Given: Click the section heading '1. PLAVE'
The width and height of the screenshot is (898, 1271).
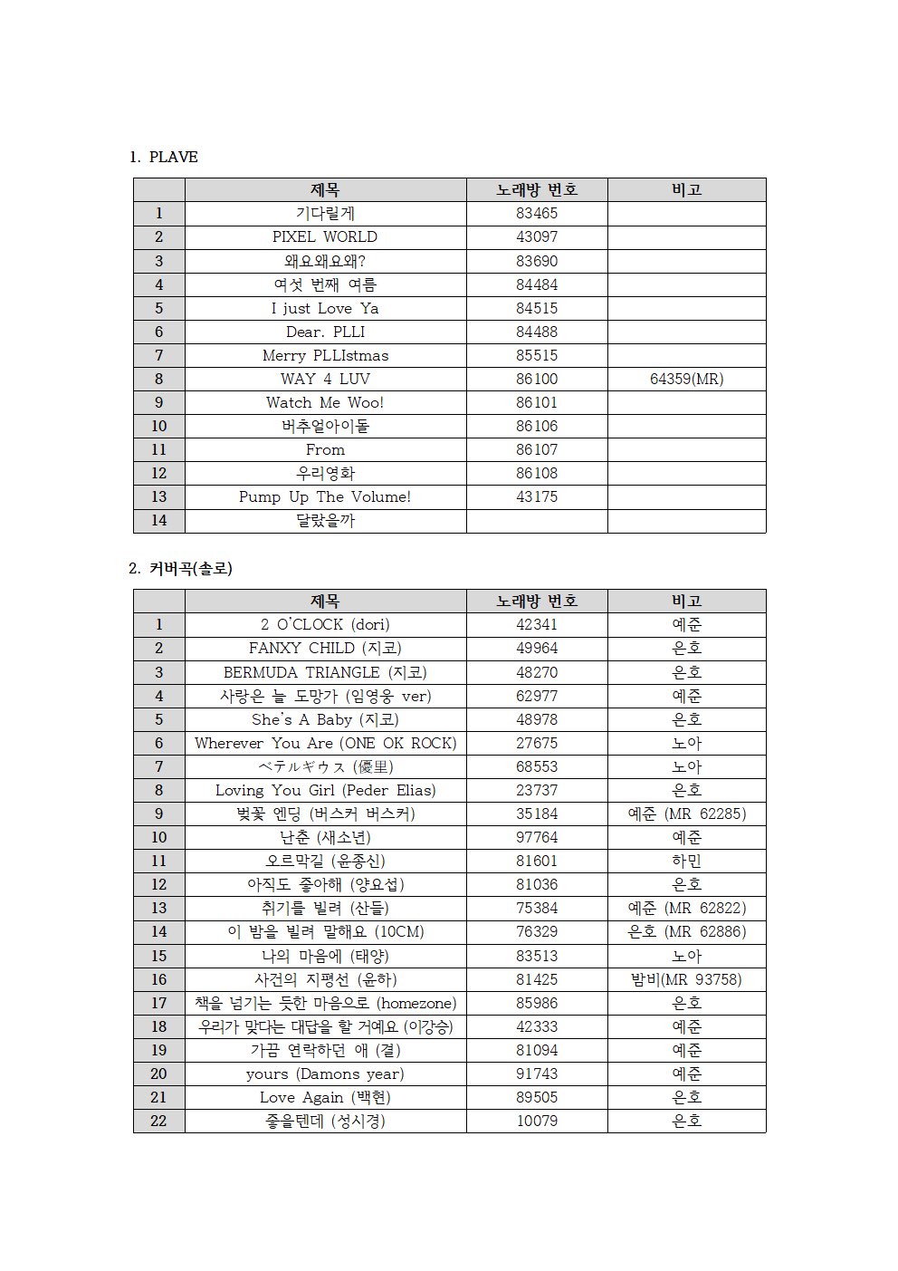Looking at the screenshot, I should click(x=164, y=157).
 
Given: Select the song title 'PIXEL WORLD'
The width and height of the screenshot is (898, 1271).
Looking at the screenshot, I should click(x=325, y=236).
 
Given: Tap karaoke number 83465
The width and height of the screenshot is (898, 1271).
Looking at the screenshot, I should click(x=537, y=213).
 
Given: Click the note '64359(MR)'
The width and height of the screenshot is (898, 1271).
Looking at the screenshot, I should click(x=686, y=379).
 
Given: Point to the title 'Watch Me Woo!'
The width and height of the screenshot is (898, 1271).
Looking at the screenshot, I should click(x=325, y=402).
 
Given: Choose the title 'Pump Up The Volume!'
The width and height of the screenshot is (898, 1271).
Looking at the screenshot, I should click(x=325, y=496).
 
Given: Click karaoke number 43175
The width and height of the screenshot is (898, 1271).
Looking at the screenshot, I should click(x=537, y=496).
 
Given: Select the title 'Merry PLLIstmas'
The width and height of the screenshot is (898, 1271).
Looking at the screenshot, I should click(x=325, y=355).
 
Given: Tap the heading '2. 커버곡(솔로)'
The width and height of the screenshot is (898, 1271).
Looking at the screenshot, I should click(x=181, y=568).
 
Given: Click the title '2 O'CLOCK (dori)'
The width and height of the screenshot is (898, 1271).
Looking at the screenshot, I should click(x=325, y=624).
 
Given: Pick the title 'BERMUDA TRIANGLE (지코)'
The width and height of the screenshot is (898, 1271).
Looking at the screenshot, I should click(x=325, y=672).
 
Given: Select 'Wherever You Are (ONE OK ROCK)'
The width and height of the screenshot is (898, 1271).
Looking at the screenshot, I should click(x=325, y=743).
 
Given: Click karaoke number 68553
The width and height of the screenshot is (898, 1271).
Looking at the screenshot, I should click(x=537, y=766).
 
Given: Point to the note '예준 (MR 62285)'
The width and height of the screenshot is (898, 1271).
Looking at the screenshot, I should click(x=686, y=814).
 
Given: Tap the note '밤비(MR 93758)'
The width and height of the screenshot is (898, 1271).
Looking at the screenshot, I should click(x=686, y=979).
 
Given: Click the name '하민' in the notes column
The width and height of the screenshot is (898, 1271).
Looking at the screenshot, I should click(x=686, y=861).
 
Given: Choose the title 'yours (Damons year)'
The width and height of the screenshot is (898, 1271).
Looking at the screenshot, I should click(x=325, y=1074).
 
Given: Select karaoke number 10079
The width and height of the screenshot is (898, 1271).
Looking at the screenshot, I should click(x=537, y=1121).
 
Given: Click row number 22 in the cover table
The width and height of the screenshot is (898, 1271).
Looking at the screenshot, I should click(x=158, y=1121).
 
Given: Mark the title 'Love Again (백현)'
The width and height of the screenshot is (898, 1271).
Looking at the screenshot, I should click(x=325, y=1097).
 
